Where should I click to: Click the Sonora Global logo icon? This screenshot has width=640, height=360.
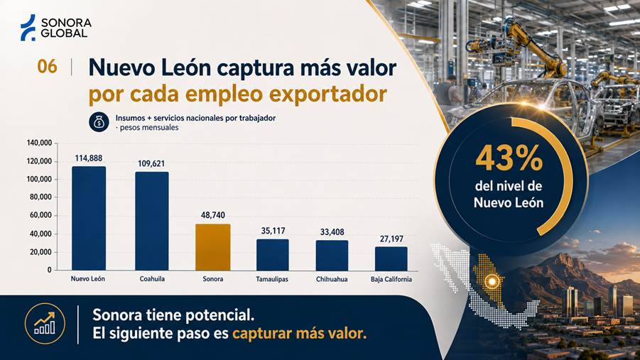28,28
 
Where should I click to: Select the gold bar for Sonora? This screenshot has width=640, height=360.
212,247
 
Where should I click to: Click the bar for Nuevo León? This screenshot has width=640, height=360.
89,219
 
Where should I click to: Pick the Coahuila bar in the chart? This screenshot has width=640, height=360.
152,221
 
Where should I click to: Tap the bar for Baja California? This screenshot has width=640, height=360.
391,258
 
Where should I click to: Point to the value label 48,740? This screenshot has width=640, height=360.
212,215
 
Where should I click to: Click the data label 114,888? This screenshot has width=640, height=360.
89,158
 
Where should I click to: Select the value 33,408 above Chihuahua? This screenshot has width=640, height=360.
332,232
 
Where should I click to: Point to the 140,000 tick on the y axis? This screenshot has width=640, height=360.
40,143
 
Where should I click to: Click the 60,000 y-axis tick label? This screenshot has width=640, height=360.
40,215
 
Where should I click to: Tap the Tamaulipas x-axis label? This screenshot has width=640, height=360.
272,279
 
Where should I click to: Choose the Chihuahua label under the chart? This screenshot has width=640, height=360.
332,279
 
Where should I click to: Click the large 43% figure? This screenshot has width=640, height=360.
509,158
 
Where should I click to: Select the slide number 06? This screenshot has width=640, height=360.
47,67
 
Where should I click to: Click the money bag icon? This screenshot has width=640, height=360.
99,122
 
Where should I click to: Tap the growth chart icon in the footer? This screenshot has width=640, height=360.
45,323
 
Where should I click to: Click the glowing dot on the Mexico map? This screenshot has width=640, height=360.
492,281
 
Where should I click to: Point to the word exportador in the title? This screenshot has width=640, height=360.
327,94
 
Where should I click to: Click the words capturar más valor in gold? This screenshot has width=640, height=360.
300,334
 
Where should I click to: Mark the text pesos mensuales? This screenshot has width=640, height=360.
149,127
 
